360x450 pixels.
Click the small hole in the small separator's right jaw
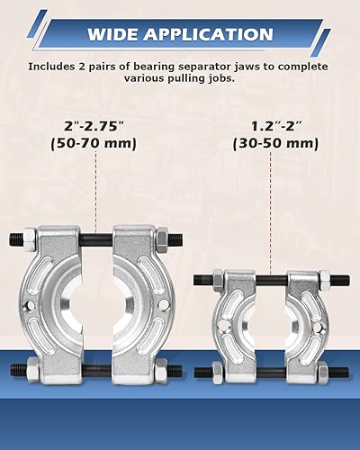pos(312,316)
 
